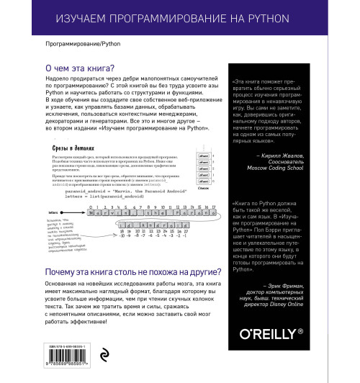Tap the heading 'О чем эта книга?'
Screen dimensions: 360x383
pyautogui.click(x=81, y=69)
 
